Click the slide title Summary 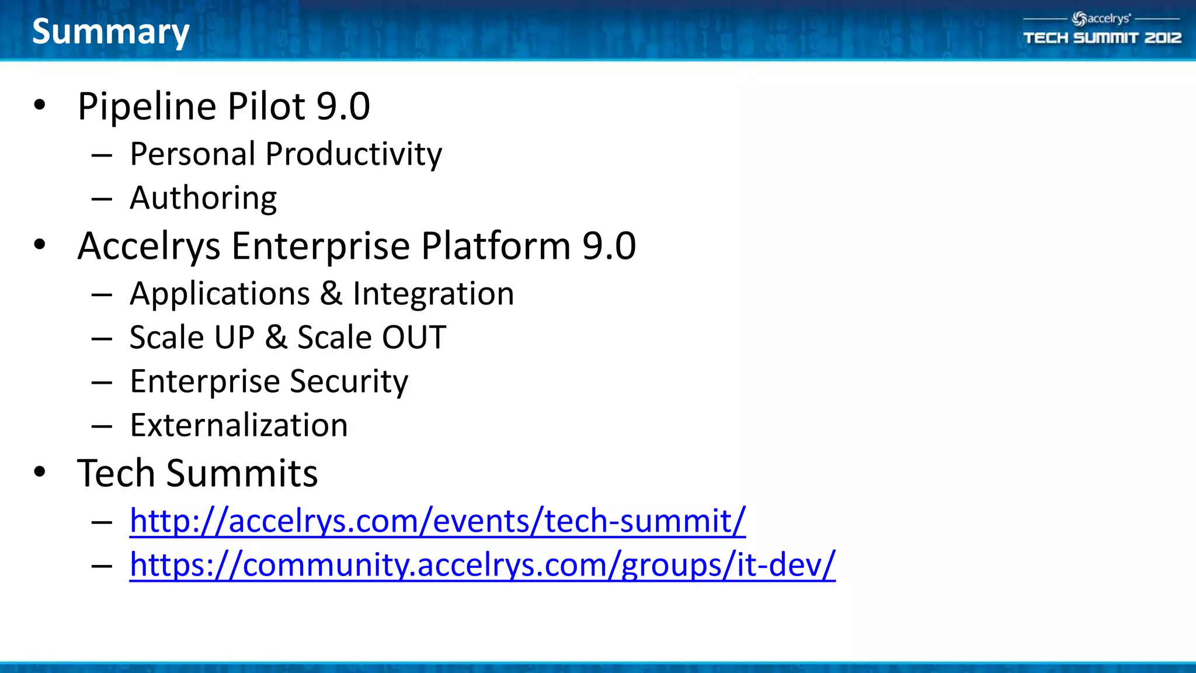click(110, 32)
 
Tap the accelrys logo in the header click(1101, 19)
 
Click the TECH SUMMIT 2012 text click(1102, 38)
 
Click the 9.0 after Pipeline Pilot click(343, 106)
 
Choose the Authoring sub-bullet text click(203, 198)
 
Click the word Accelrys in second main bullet click(148, 246)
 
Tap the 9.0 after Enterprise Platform click(609, 246)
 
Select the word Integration click(433, 293)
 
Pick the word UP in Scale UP click(234, 338)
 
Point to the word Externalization click(238, 425)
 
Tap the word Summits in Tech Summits click(242, 473)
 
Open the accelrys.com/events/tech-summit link click(437, 521)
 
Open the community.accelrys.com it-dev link click(482, 565)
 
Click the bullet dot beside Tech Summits click(39, 471)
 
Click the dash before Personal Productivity click(102, 155)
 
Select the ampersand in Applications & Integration click(331, 293)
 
